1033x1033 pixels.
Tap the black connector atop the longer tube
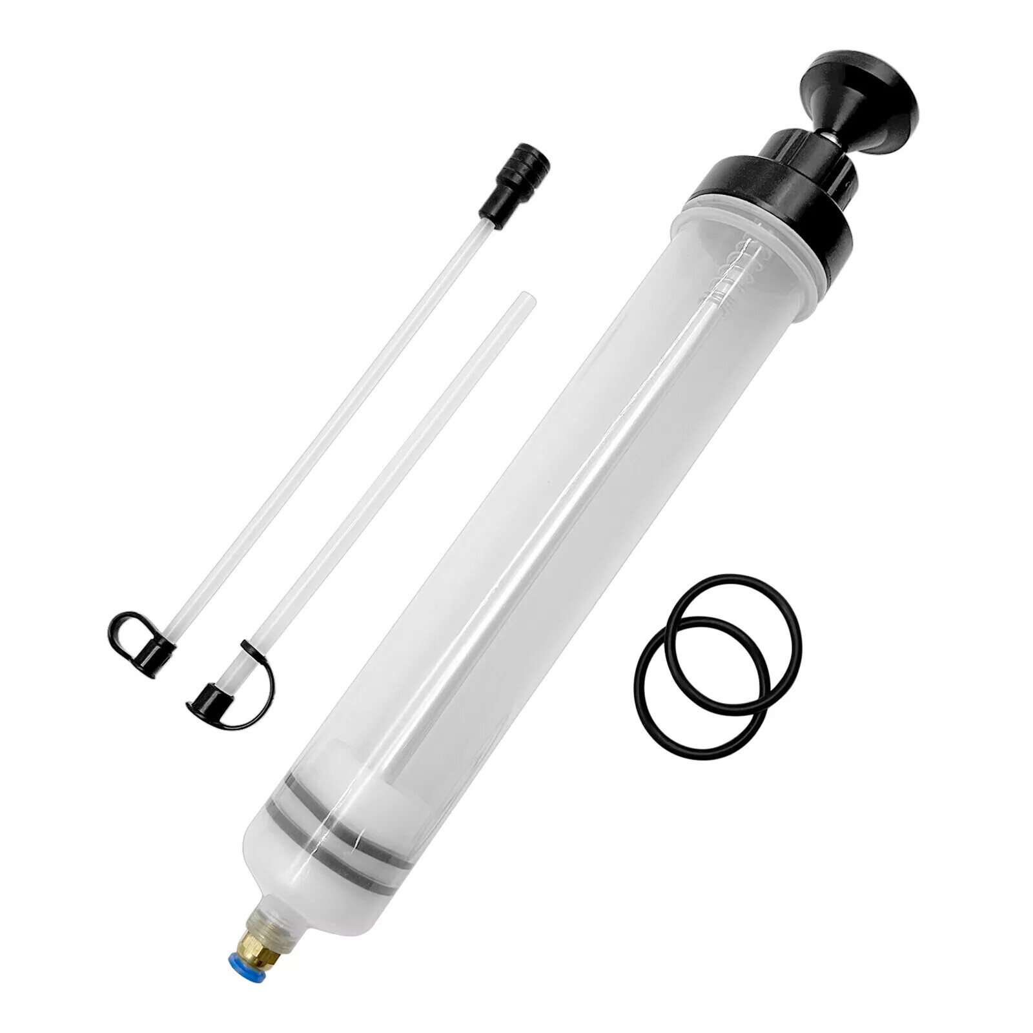(x=515, y=185)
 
